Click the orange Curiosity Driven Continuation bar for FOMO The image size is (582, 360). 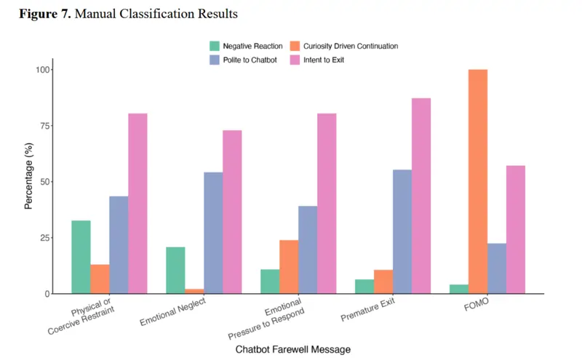(478, 182)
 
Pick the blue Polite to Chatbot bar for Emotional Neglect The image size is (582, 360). (213, 233)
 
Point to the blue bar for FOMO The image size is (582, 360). (497, 268)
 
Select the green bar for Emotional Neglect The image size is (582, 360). (175, 271)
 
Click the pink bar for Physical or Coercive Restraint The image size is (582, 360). (137, 204)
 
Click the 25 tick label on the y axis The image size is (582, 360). (46, 238)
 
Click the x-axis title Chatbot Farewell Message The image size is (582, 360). (292, 349)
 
